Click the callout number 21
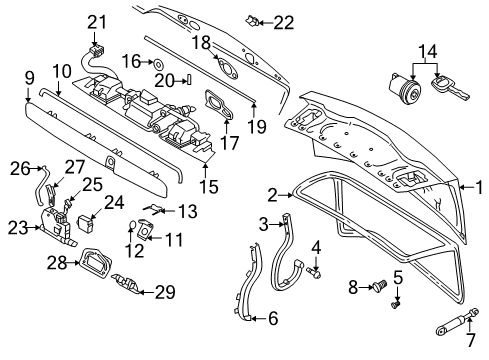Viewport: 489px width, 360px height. click(96, 22)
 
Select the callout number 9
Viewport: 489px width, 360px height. click(29, 76)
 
